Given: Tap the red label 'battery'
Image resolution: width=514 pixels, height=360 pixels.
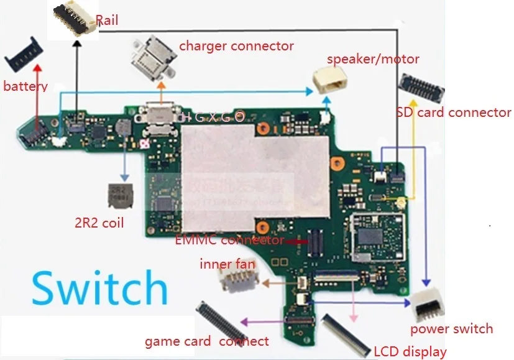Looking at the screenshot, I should coord(25,86).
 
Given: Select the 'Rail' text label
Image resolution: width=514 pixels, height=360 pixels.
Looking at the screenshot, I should coord(107,21).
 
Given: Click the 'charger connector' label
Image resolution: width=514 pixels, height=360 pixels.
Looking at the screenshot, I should coord(236,46).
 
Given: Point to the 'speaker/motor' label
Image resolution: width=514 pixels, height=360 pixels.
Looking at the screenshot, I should coord(373,59).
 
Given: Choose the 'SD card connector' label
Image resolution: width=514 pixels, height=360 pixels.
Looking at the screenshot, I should coord(453,113).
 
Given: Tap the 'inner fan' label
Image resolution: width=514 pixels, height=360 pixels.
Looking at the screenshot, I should coord(227,264).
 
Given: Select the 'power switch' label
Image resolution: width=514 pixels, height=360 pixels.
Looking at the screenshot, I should coord(451,328).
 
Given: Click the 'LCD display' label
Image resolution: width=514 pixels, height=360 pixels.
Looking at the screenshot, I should coord(410,351).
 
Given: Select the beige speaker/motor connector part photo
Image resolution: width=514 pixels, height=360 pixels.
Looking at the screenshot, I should coord(328,80).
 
